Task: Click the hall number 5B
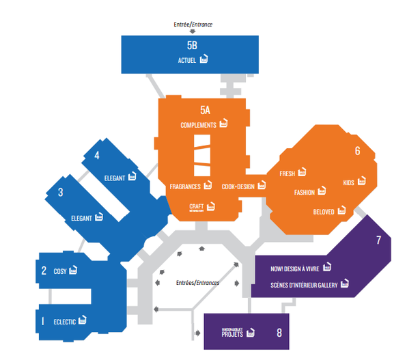(x=192, y=46)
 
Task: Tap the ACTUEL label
(x=186, y=60)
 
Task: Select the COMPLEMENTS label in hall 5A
(x=198, y=125)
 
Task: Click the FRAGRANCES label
(x=184, y=186)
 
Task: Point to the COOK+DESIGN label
(x=238, y=186)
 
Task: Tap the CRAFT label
(x=197, y=206)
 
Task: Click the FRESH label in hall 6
(x=287, y=174)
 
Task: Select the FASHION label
(x=304, y=193)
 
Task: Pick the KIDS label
(x=348, y=183)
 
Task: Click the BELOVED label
(x=324, y=212)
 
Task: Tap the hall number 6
(x=357, y=150)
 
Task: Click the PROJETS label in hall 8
(x=233, y=335)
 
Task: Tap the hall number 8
(x=279, y=333)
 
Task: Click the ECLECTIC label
(x=65, y=320)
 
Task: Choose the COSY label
(x=60, y=271)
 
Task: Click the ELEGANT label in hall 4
(x=115, y=178)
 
